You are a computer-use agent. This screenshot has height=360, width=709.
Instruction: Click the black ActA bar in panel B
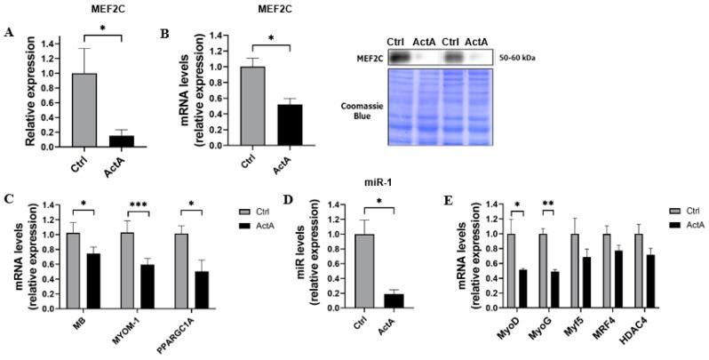tap(286, 124)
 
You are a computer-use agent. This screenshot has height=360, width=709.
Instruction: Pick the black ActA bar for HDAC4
tap(653, 281)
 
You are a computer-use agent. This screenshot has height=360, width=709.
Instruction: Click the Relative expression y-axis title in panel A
tap(30, 92)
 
